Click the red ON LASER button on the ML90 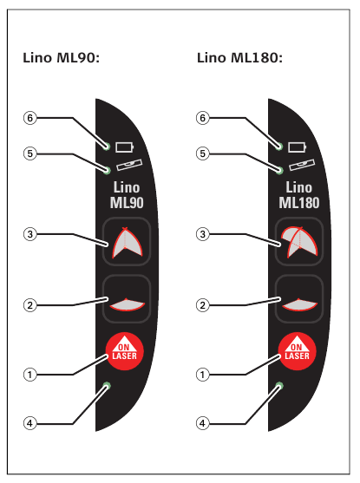(125, 351)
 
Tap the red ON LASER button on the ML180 (298, 351)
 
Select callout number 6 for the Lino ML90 (29, 118)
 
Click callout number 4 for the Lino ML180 (202, 423)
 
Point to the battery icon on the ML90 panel (125, 147)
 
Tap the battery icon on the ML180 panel (298, 147)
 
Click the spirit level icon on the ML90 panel (129, 165)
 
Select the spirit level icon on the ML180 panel (302, 165)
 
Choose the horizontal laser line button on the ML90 (127, 299)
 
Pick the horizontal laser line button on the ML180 (299, 299)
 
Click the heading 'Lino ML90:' (62, 58)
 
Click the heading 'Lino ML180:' (239, 58)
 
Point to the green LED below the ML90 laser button (107, 386)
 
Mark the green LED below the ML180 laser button (279, 386)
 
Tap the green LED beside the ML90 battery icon (107, 146)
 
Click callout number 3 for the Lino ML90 (29, 234)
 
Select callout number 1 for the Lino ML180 (202, 375)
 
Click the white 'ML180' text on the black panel (299, 203)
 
